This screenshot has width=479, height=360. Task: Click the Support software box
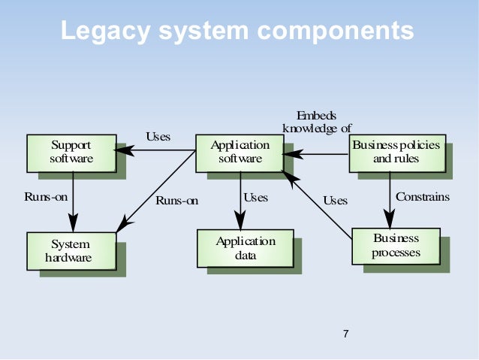point(71,152)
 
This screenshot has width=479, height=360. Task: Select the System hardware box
point(71,251)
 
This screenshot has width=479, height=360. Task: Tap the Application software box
point(239,152)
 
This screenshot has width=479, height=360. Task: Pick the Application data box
point(245,248)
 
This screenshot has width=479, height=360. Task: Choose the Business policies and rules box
point(396,152)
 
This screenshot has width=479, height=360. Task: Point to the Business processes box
point(396,246)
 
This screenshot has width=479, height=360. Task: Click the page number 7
point(345,334)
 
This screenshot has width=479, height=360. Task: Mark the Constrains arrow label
point(422,197)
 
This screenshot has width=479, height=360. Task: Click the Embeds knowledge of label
point(316,122)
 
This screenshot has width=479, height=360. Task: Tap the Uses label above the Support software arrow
point(158,137)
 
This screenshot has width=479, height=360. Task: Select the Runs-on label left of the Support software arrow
point(46,198)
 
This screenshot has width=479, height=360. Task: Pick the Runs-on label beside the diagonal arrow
point(177,201)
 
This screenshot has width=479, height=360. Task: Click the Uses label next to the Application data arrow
point(255,198)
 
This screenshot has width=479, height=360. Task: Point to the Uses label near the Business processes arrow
point(335,201)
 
